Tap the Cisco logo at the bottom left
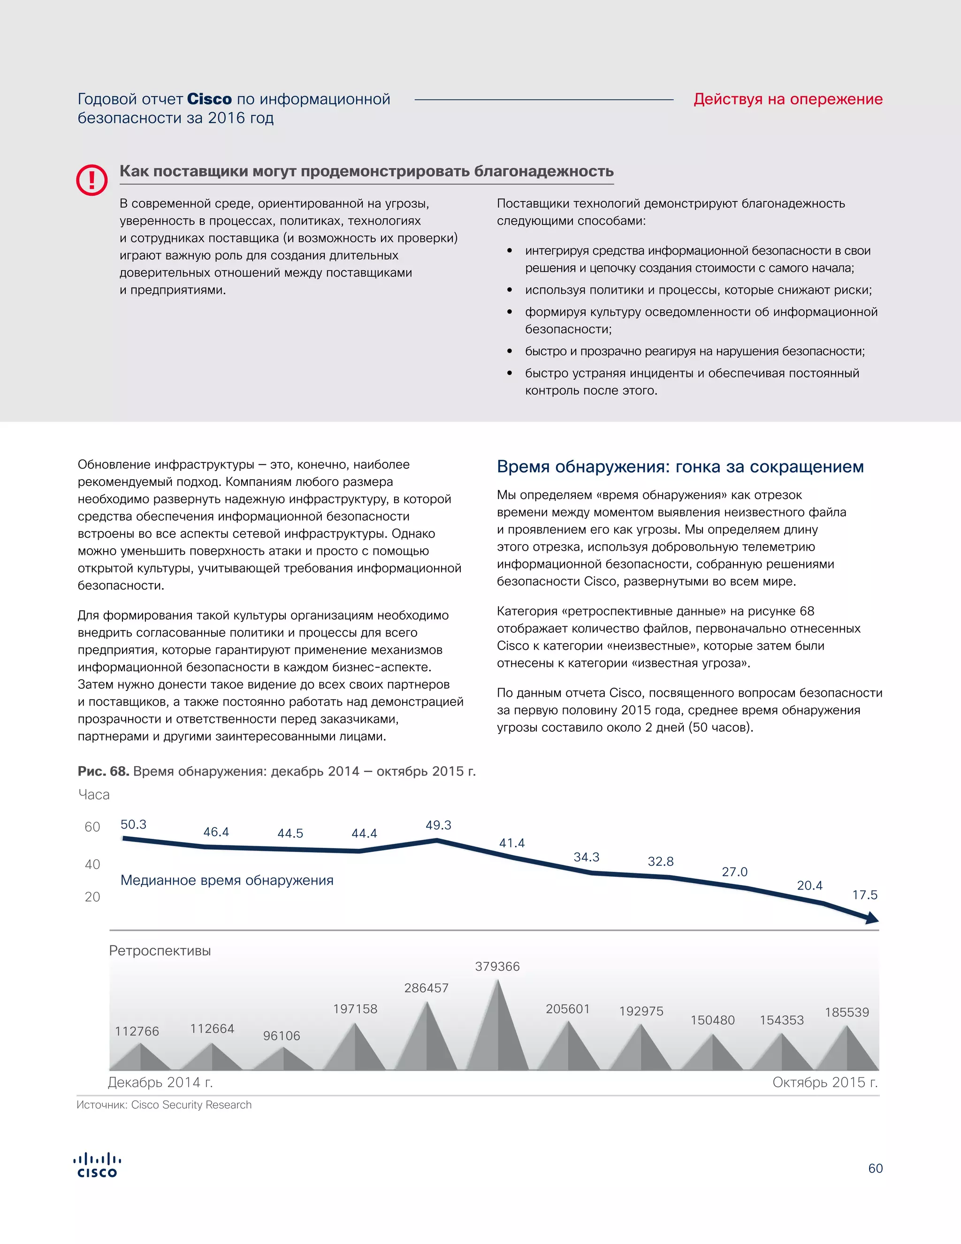click(97, 1166)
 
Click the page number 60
click(875, 1168)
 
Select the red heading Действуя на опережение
click(787, 99)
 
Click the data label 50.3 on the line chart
click(133, 824)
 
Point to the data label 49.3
click(438, 825)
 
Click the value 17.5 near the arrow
click(864, 895)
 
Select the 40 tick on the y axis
click(92, 865)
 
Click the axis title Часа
click(94, 795)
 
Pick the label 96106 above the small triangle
click(281, 1036)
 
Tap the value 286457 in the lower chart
click(427, 988)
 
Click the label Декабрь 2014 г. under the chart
click(160, 1082)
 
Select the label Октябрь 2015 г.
click(825, 1082)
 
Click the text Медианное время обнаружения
click(227, 880)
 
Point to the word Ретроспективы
click(160, 950)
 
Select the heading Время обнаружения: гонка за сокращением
click(680, 467)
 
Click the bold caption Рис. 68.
click(104, 771)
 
